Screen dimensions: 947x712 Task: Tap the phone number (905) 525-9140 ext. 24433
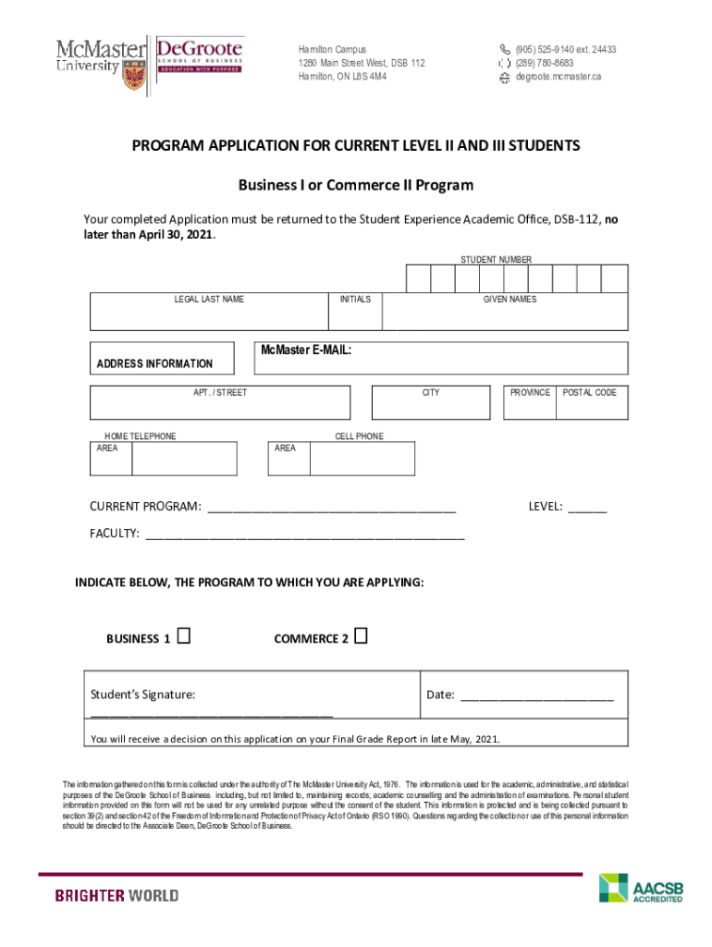[x=565, y=50]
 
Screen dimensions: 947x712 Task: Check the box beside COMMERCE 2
[x=361, y=636]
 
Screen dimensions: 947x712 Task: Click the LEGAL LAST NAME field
[x=209, y=317]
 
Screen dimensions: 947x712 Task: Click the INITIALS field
[x=355, y=317]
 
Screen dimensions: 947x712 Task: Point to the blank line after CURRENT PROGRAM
[x=331, y=509]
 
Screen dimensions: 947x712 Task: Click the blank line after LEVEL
[x=587, y=509]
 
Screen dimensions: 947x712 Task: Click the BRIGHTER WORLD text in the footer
[x=117, y=895]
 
